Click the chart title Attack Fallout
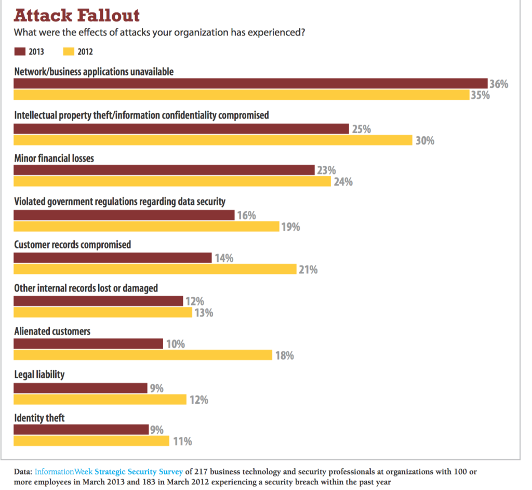(x=77, y=15)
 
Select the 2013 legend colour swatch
(x=20, y=51)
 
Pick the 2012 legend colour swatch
(x=68, y=51)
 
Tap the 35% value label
(x=480, y=95)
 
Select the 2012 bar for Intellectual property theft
(x=213, y=140)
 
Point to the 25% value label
(x=361, y=129)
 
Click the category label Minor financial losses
(x=54, y=158)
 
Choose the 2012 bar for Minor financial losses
(x=172, y=181)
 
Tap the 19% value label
(x=290, y=227)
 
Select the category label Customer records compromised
(x=72, y=244)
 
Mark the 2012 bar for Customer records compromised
(x=155, y=269)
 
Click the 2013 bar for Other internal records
(x=98, y=301)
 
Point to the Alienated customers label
(x=52, y=331)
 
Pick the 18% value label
(x=284, y=356)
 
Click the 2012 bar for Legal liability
(x=100, y=400)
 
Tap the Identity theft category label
(x=39, y=417)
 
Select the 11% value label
(x=182, y=442)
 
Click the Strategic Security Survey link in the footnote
(x=139, y=472)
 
